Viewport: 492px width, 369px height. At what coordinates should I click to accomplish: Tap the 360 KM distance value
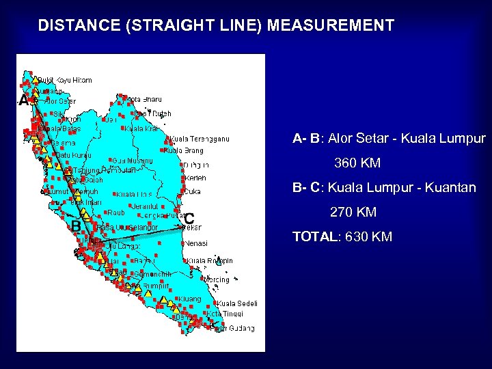click(357, 164)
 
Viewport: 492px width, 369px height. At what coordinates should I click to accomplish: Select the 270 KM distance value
click(353, 213)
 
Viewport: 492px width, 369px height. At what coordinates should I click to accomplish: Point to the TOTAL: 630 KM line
click(342, 237)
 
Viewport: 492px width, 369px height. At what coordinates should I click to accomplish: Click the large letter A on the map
click(23, 101)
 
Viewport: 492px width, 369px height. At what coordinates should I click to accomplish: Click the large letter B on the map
click(77, 225)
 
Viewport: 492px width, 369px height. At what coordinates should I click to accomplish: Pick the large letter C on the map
click(189, 219)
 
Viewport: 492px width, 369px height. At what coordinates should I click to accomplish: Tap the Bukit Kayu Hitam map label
click(64, 80)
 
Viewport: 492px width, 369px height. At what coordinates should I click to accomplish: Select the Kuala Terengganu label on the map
click(200, 139)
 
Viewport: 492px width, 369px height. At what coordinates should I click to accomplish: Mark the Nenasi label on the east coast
click(196, 243)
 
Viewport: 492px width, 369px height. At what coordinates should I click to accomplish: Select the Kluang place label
click(190, 299)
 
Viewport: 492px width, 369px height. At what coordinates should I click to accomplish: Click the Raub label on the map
click(116, 213)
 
